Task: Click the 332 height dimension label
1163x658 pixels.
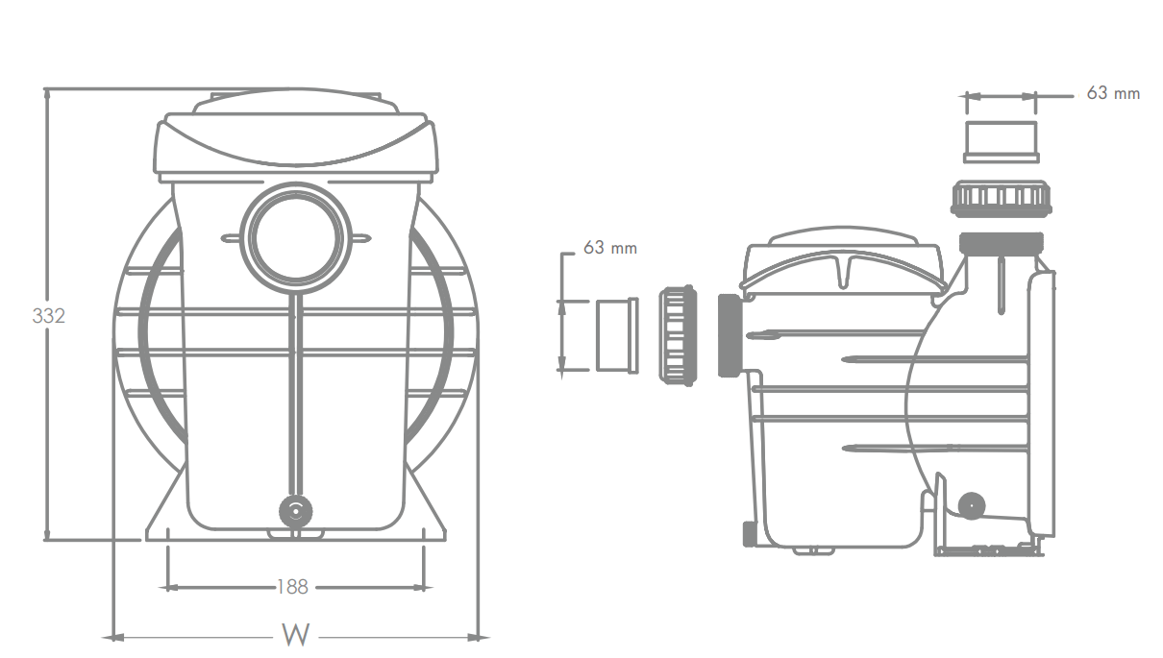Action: [x=49, y=315]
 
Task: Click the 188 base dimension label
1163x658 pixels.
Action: [x=293, y=587]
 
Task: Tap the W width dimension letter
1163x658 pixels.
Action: [x=295, y=635]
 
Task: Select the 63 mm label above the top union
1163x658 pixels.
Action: [x=1113, y=93]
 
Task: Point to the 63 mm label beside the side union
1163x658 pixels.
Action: [x=610, y=248]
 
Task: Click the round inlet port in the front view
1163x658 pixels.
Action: [x=296, y=238]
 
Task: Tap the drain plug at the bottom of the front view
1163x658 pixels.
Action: [x=296, y=511]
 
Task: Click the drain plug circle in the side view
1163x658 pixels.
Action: [x=972, y=505]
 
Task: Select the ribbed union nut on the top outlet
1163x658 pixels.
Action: [x=1001, y=199]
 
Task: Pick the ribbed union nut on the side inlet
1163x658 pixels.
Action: [x=678, y=335]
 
